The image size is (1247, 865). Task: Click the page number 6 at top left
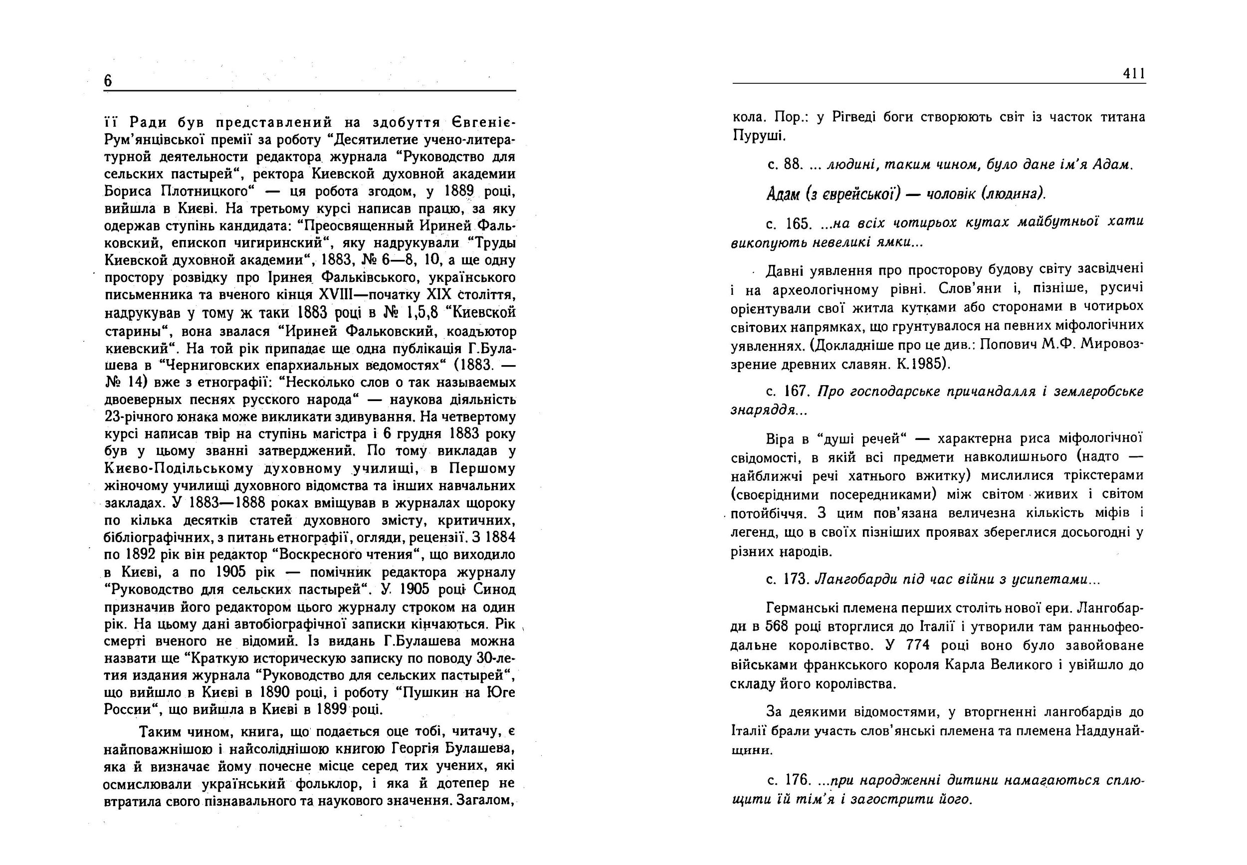pos(108,81)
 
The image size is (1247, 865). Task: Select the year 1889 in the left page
pos(458,192)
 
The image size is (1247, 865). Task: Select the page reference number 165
pos(797,223)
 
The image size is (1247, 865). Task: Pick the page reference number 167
pos(797,391)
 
